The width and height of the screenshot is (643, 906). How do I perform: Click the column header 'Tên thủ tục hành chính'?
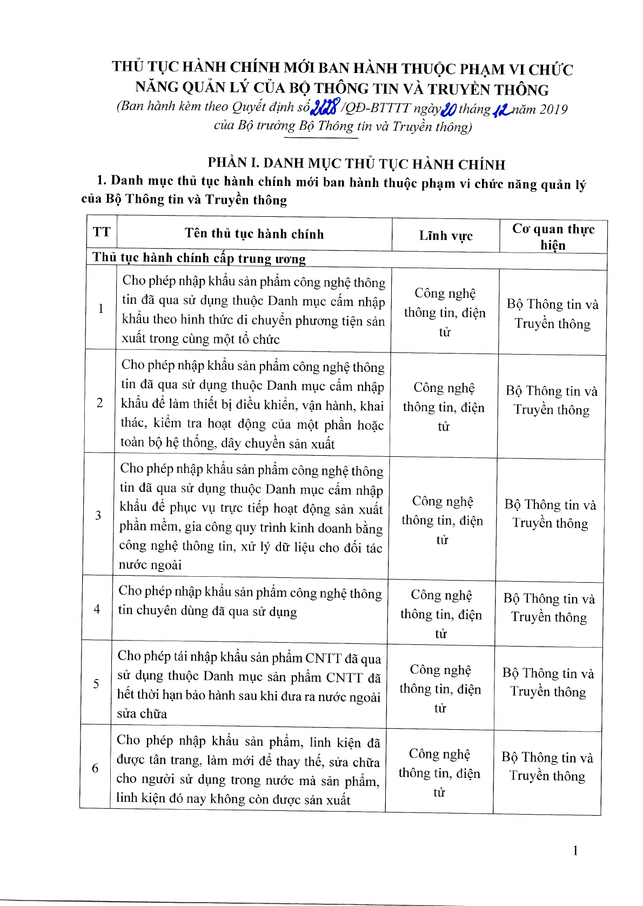click(254, 234)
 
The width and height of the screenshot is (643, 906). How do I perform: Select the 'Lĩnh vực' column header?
click(446, 236)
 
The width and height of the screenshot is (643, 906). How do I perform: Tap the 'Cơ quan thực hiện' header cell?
click(553, 237)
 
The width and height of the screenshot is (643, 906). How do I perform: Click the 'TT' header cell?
click(102, 232)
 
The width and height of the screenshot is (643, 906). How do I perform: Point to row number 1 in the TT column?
click(101, 309)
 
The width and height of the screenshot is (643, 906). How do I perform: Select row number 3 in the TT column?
click(98, 515)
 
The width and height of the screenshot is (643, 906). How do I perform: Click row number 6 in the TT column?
click(96, 768)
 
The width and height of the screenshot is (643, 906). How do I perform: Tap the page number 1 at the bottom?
click(575, 850)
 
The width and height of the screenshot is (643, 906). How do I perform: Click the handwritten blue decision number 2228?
click(325, 108)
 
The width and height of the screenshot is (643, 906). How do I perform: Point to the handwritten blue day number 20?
click(448, 110)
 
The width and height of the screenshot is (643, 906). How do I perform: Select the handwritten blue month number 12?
click(502, 110)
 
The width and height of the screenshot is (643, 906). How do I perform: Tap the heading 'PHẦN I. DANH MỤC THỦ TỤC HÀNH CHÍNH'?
click(356, 164)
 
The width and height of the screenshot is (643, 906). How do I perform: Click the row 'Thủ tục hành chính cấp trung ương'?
click(199, 258)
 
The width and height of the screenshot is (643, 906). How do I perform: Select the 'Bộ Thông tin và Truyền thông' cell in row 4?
click(549, 608)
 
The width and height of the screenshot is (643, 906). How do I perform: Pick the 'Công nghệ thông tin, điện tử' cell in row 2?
click(444, 407)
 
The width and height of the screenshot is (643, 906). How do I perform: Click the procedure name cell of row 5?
click(249, 684)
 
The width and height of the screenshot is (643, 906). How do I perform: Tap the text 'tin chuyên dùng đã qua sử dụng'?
click(207, 611)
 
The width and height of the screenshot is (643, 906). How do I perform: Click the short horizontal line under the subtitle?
click(321, 138)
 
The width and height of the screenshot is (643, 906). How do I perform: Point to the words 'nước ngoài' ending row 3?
click(150, 565)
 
